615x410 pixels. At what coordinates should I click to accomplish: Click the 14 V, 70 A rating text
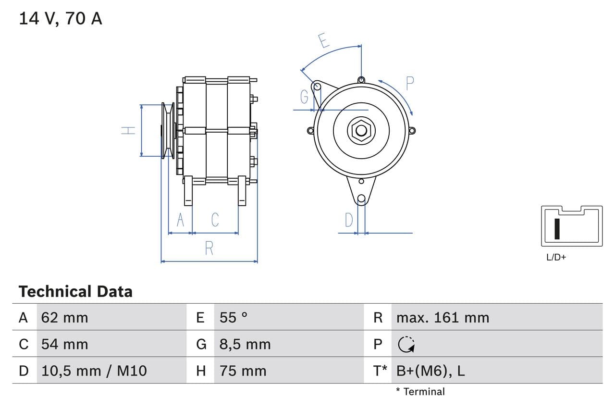pyautogui.click(x=61, y=19)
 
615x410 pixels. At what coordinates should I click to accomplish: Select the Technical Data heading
pyautogui.click(x=75, y=291)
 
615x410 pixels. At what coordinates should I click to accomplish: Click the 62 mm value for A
pyautogui.click(x=65, y=317)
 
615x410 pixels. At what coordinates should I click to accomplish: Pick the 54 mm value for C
pyautogui.click(x=65, y=344)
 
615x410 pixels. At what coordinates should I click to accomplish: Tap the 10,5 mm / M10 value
pyautogui.click(x=94, y=371)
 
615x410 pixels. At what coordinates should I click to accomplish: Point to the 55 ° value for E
pyautogui.click(x=234, y=317)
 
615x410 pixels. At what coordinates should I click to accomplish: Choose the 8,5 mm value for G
pyautogui.click(x=245, y=344)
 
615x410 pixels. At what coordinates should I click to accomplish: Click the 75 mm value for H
pyautogui.click(x=243, y=371)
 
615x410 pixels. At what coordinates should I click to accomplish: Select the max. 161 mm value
pyautogui.click(x=443, y=317)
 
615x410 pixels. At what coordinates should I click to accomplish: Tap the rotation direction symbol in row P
pyautogui.click(x=407, y=344)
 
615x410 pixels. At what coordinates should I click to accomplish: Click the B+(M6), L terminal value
pyautogui.click(x=430, y=371)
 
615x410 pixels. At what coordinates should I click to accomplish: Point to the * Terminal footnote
pyautogui.click(x=420, y=391)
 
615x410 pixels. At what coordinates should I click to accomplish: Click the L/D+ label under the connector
pyautogui.click(x=556, y=257)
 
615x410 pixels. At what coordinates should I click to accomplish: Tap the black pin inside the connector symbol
pyautogui.click(x=557, y=229)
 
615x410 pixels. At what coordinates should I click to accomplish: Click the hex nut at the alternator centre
pyautogui.click(x=361, y=130)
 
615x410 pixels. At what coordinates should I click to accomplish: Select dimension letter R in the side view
pyautogui.click(x=209, y=248)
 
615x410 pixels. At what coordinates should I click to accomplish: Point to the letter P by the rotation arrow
pyautogui.click(x=409, y=84)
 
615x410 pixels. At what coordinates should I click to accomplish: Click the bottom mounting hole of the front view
pyautogui.click(x=361, y=199)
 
